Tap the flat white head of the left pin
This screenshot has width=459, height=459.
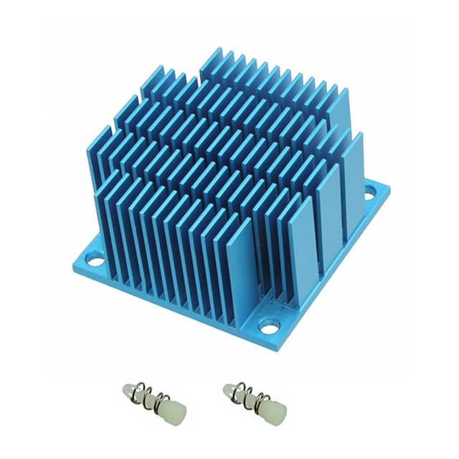coord(176,413)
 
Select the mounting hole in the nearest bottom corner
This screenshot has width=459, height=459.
coord(269,327)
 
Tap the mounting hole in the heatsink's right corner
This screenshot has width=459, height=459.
coord(370,191)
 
